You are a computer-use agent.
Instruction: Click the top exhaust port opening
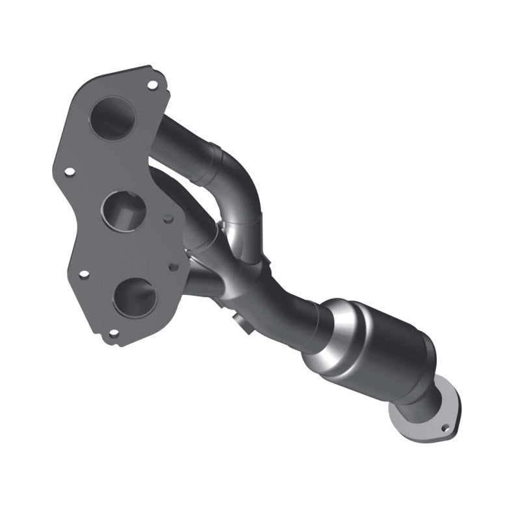(x=112, y=119)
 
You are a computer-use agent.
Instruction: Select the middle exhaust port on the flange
(x=123, y=209)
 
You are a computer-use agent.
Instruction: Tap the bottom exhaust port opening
(x=135, y=297)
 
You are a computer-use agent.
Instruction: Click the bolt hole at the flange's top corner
(x=152, y=84)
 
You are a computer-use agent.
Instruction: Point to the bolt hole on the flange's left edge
(x=70, y=172)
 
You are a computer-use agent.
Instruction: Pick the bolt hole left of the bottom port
(x=84, y=274)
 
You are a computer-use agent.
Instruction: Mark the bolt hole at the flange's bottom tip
(x=114, y=333)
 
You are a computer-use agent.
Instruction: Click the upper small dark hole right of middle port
(x=168, y=220)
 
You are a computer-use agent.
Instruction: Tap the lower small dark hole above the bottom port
(x=173, y=266)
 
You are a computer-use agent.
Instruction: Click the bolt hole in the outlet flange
(x=445, y=428)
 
